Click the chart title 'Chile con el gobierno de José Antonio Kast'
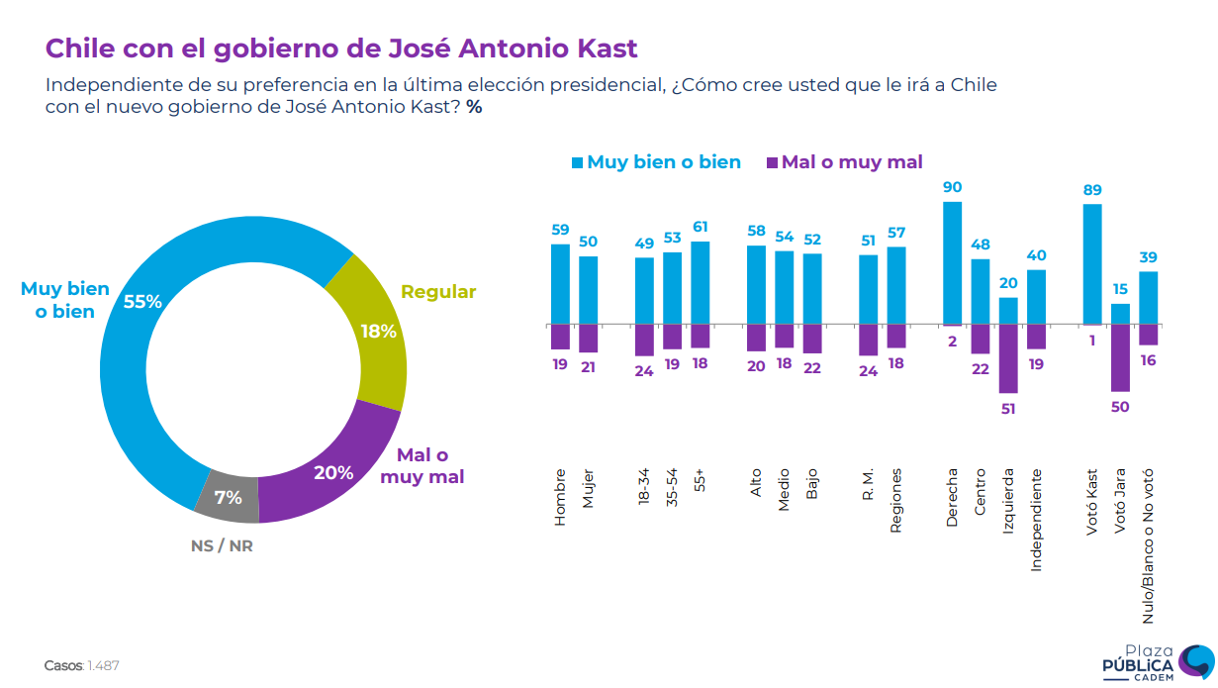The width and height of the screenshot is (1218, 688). coord(341,48)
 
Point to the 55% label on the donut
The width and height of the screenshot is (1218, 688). coord(142,302)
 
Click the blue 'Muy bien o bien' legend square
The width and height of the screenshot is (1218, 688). coord(577,162)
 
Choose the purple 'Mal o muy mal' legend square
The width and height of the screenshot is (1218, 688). coord(772,162)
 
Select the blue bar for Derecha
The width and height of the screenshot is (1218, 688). coord(952,263)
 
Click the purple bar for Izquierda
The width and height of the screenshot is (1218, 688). coord(1008,358)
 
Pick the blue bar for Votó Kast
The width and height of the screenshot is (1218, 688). coord(1092,264)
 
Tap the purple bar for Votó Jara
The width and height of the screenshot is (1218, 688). coord(1120,357)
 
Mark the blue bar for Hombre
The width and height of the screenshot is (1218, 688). coord(560,284)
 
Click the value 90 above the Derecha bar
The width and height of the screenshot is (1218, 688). coord(952,187)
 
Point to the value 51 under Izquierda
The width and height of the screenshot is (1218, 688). coord(1008,409)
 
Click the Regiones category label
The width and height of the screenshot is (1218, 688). coord(896,500)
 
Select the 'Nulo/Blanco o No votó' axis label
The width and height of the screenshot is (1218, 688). coord(1149,545)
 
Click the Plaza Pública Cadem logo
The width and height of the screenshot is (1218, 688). coord(1157,660)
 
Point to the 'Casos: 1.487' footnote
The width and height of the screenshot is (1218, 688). coord(82,665)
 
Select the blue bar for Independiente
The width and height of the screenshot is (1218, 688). coord(1036,297)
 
